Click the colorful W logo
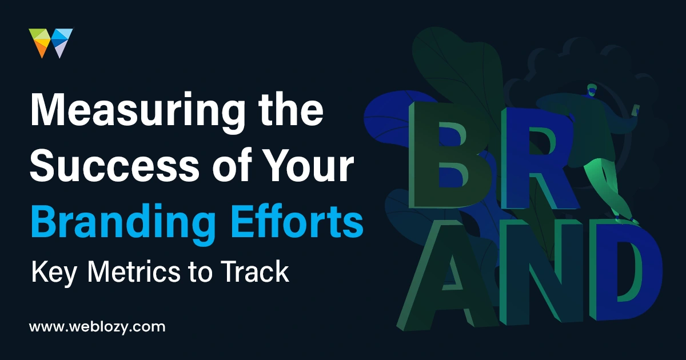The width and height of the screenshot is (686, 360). [51, 43]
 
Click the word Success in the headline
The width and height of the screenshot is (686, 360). [114, 165]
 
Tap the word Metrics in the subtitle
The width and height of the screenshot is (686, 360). [134, 271]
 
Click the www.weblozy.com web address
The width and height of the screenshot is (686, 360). [97, 327]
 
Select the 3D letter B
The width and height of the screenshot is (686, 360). [450, 155]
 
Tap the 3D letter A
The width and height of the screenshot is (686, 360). [447, 275]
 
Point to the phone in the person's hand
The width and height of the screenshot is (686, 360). [637, 110]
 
